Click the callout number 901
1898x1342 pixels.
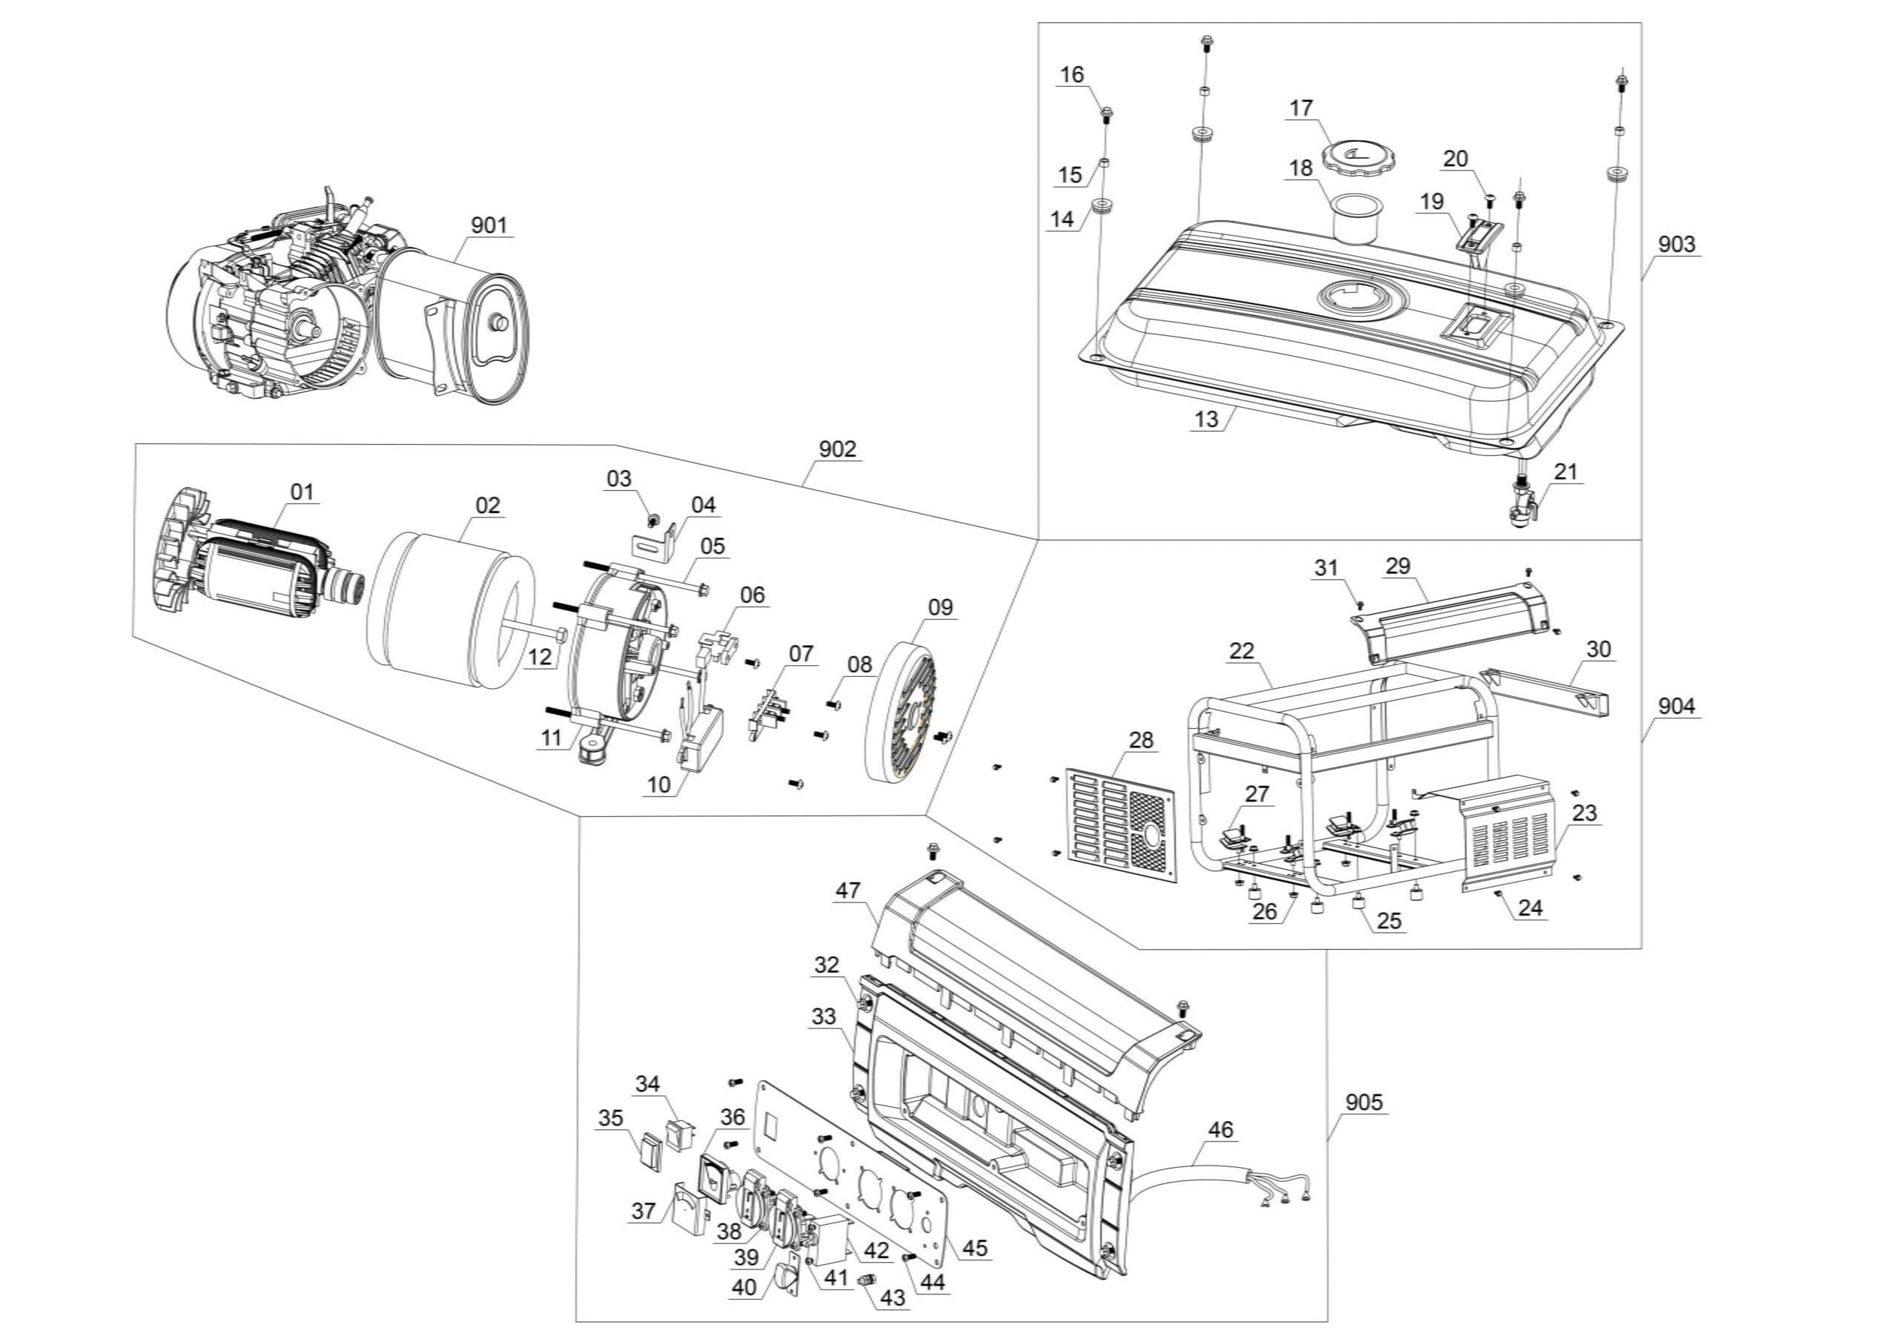489,225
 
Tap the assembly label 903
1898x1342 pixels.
1676,244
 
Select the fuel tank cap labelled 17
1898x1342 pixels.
1353,156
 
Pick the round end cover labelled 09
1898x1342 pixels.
906,711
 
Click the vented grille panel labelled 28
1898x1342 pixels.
1120,823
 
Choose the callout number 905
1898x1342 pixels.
1363,1103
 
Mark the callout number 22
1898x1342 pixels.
1242,651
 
